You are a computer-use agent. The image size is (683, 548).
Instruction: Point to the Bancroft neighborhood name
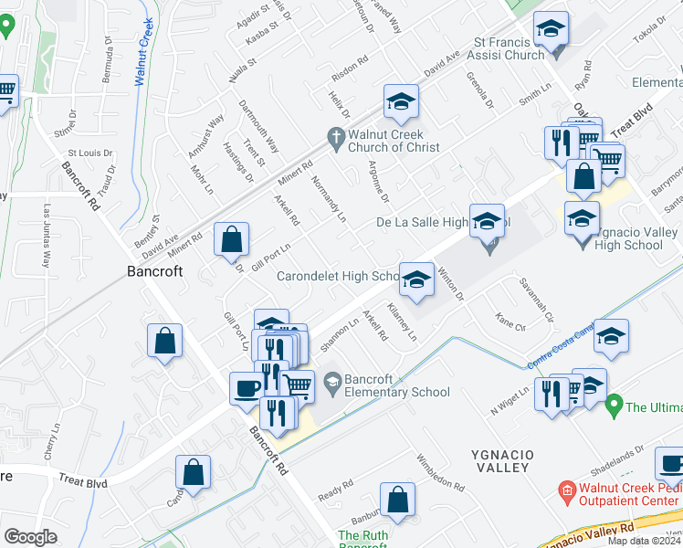tap(153, 271)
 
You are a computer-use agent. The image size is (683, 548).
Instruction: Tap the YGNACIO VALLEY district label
tap(500, 460)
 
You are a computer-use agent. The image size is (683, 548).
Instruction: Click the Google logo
tap(30, 537)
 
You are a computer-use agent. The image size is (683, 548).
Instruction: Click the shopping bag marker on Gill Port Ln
tap(232, 241)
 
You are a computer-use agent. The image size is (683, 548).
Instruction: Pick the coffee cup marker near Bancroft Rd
tap(246, 387)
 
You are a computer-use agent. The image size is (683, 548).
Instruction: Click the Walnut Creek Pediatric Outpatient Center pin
tap(566, 493)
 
